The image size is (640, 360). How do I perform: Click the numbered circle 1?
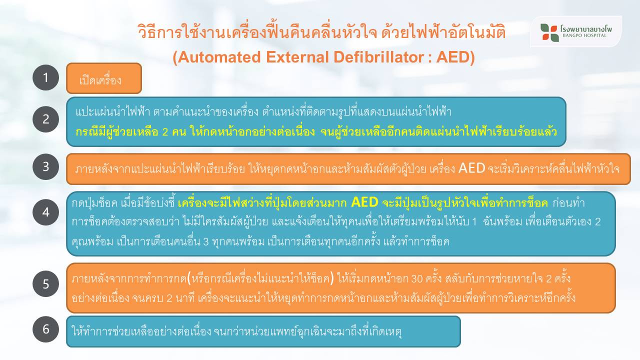45,77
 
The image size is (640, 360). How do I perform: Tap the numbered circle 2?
45,119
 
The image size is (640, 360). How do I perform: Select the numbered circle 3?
45,166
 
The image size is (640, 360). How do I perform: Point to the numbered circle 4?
45,212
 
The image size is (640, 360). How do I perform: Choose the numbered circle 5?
45,284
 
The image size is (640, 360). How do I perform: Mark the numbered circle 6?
45,329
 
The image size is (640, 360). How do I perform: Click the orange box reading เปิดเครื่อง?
104,78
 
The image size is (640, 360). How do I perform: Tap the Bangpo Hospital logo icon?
549,32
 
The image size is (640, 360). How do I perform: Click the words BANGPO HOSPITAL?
584,35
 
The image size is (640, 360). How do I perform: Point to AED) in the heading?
455,57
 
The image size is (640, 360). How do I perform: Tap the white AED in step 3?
471,168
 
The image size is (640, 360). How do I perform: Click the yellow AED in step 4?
364,202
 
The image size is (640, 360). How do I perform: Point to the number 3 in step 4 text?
206,242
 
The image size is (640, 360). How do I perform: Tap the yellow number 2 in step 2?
165,132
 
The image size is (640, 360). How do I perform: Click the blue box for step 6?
263,331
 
